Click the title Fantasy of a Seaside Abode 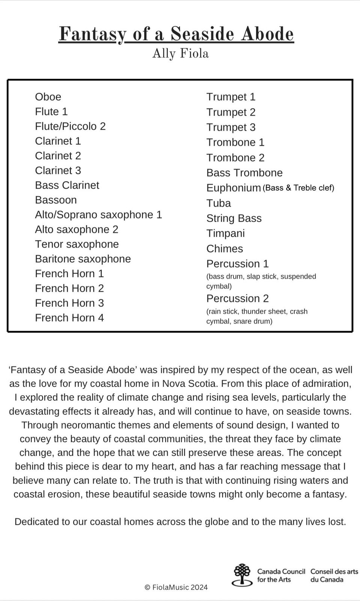click(x=176, y=34)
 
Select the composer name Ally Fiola click(x=180, y=53)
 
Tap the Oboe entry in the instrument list click(x=48, y=97)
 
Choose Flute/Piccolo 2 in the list click(x=70, y=126)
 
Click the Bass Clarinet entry click(x=67, y=185)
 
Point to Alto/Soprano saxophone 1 click(x=98, y=215)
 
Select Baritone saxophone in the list click(x=83, y=259)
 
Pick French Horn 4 click(x=69, y=318)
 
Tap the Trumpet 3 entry click(x=230, y=127)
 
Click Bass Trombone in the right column click(x=244, y=173)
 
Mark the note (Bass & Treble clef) click(x=298, y=188)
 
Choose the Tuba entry click(x=218, y=203)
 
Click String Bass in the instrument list click(x=234, y=218)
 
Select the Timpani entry click(x=225, y=233)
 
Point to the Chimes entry click(x=224, y=249)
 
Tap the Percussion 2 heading click(x=237, y=299)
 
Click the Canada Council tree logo click(x=242, y=575)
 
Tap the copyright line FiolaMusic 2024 click(x=176, y=587)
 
